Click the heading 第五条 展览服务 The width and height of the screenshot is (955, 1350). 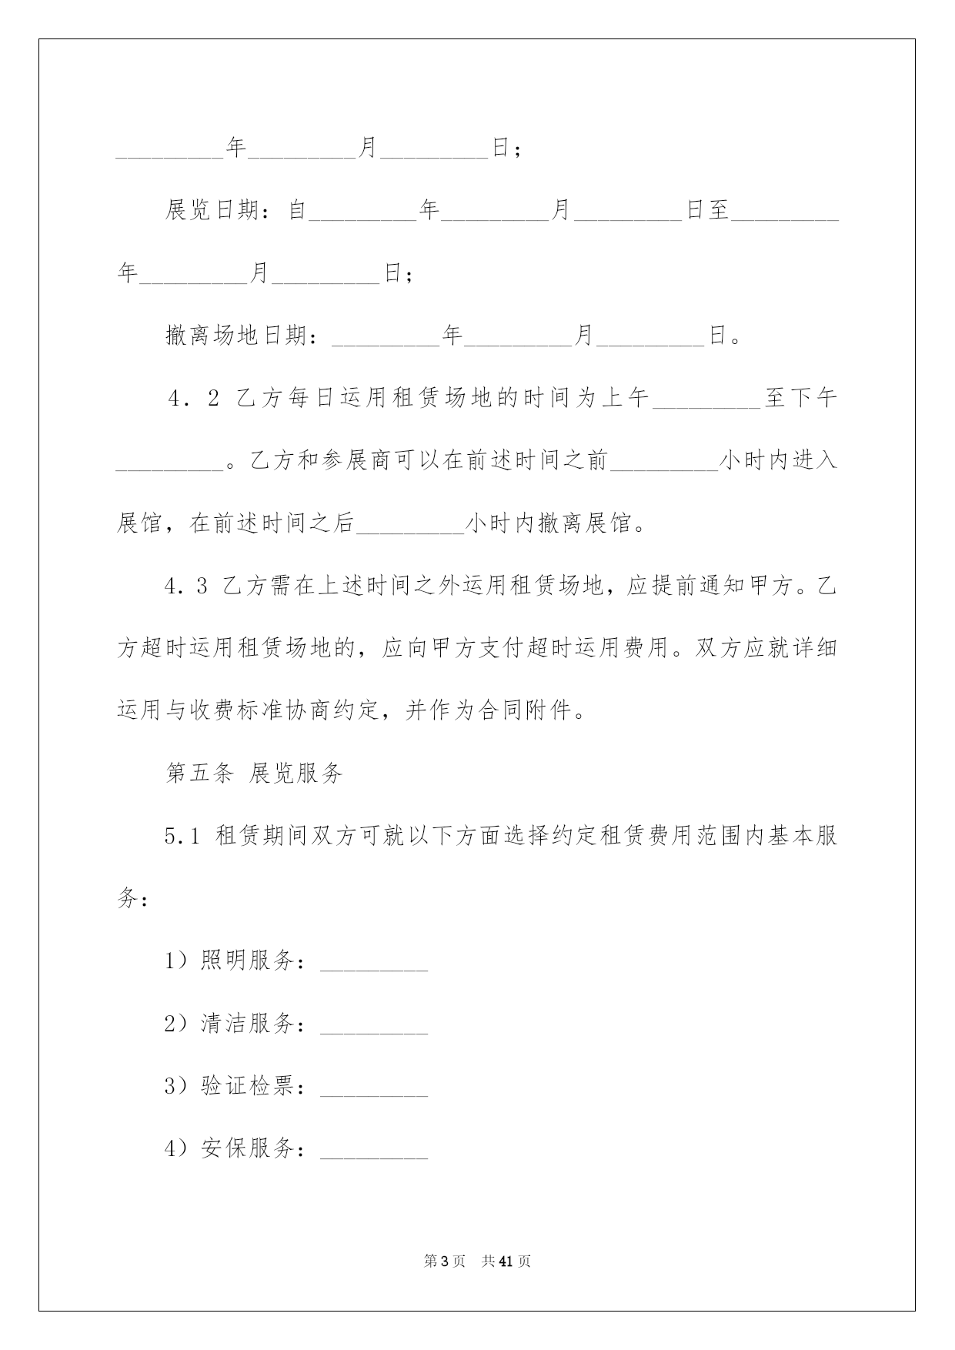254,774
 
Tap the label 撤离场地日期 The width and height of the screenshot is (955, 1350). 236,336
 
